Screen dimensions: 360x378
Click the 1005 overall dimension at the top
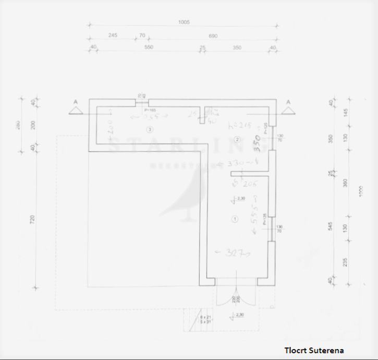click(184, 22)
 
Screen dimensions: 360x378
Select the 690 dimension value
click(213, 36)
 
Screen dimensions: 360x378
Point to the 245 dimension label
click(113, 35)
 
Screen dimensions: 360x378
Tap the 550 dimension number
click(149, 47)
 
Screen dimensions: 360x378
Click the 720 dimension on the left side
click(33, 221)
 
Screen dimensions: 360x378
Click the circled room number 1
click(235, 219)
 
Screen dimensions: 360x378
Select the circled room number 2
click(237, 139)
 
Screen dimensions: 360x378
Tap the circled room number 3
click(150, 129)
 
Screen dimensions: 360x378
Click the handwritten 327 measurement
click(233, 254)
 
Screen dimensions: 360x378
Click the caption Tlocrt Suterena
click(314, 350)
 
